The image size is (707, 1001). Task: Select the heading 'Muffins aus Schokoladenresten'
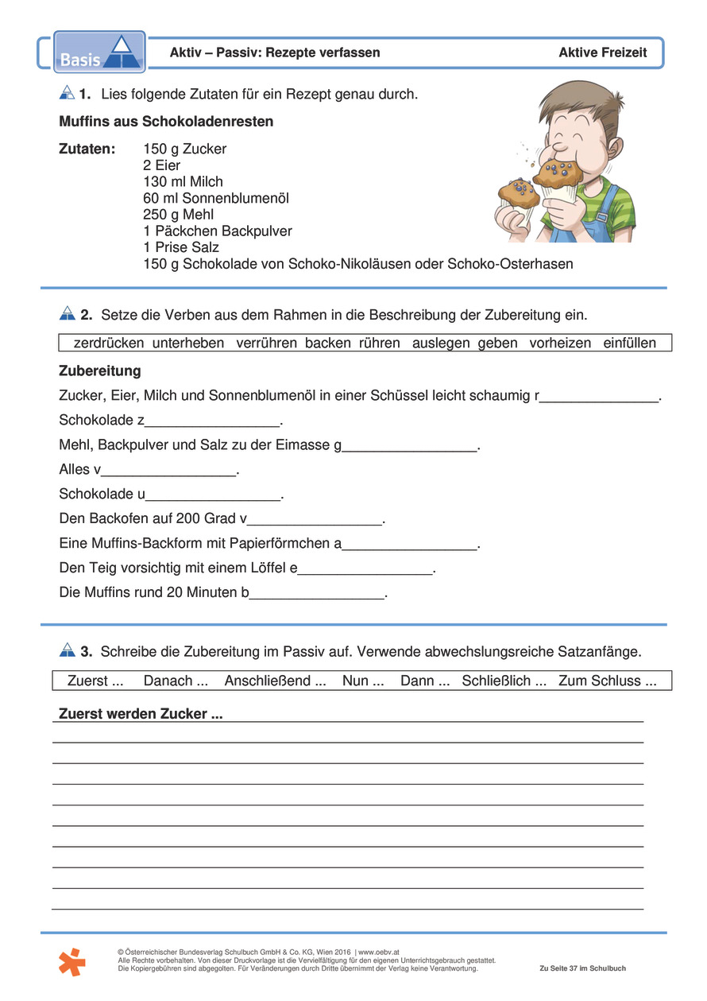(x=166, y=122)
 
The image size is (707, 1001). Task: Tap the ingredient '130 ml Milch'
(x=183, y=181)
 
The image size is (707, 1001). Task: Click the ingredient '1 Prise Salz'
(x=181, y=247)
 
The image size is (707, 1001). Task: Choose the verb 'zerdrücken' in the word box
(x=109, y=343)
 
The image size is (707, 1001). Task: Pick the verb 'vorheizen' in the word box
(x=560, y=343)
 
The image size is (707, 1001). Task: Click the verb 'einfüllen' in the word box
(x=630, y=343)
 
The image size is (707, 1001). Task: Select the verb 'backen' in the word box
(x=328, y=343)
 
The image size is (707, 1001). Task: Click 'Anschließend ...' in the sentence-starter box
(x=275, y=681)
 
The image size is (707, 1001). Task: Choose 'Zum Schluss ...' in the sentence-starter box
(x=607, y=681)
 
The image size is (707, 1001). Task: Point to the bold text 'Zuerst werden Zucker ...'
(x=141, y=714)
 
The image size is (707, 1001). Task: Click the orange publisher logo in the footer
(x=71, y=961)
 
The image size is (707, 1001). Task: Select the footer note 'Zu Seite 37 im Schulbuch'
(x=582, y=968)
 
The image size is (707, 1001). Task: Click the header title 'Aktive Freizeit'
(x=602, y=52)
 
